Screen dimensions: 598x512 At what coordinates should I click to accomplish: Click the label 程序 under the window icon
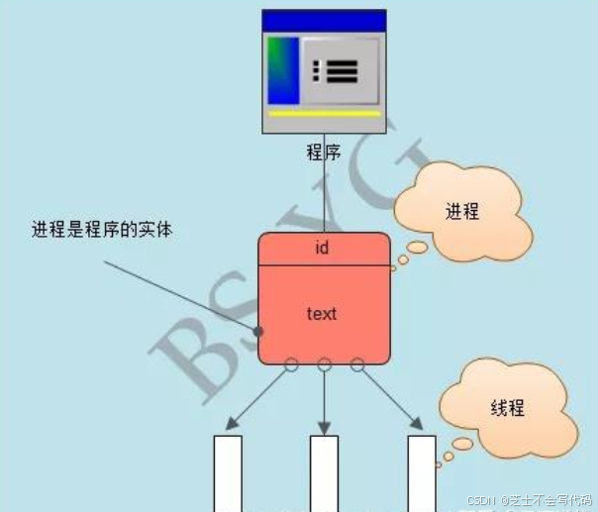(324, 153)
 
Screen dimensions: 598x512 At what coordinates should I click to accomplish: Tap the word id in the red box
(322, 248)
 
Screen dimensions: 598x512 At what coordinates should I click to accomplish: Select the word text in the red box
(322, 313)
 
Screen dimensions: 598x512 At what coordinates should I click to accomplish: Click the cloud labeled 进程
(461, 211)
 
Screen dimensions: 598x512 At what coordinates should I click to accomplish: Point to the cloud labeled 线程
(507, 408)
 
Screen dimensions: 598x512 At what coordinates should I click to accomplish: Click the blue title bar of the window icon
(323, 20)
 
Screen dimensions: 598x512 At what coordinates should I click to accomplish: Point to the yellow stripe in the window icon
(324, 114)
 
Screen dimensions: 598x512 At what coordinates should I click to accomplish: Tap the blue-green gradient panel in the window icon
(283, 70)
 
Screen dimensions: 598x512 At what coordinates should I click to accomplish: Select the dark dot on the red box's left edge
(258, 331)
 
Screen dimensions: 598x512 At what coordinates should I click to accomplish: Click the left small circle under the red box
(291, 364)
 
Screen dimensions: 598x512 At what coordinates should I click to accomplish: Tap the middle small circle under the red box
(324, 364)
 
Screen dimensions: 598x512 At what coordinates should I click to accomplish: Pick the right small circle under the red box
(356, 364)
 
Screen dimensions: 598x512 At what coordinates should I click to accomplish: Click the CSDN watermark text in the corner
(530, 501)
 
